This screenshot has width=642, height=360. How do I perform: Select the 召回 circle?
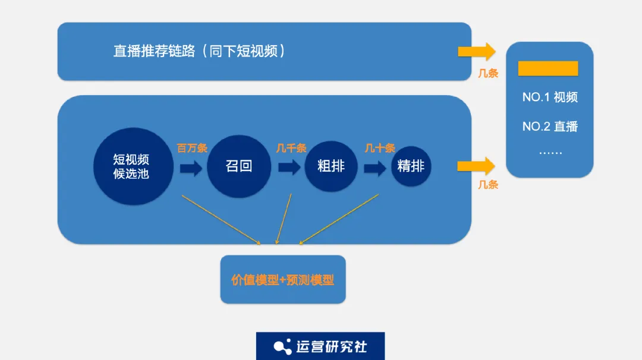click(238, 166)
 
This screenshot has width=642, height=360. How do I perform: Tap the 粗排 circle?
click(331, 166)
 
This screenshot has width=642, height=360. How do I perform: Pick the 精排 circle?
click(411, 166)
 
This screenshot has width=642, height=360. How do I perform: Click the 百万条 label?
click(192, 148)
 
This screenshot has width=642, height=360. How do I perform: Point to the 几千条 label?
click(291, 148)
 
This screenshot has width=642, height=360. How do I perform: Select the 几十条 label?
click(380, 148)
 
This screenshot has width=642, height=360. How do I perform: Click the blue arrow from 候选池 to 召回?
click(191, 168)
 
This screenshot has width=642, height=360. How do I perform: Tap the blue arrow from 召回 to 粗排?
click(289, 168)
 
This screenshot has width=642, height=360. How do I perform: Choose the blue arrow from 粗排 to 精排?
click(376, 168)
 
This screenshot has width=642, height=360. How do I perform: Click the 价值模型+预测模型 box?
click(282, 280)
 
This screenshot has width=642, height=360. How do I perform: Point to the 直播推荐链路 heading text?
click(199, 51)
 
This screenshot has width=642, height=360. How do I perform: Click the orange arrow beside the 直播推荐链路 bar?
click(477, 51)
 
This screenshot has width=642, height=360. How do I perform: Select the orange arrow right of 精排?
click(477, 166)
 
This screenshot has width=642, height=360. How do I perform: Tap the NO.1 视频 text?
click(550, 97)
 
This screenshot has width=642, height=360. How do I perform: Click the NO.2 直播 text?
click(550, 127)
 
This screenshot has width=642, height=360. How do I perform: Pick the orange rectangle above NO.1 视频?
click(548, 68)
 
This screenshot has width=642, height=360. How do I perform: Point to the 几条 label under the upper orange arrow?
click(488, 74)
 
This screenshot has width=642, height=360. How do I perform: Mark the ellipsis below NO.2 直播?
click(550, 151)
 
